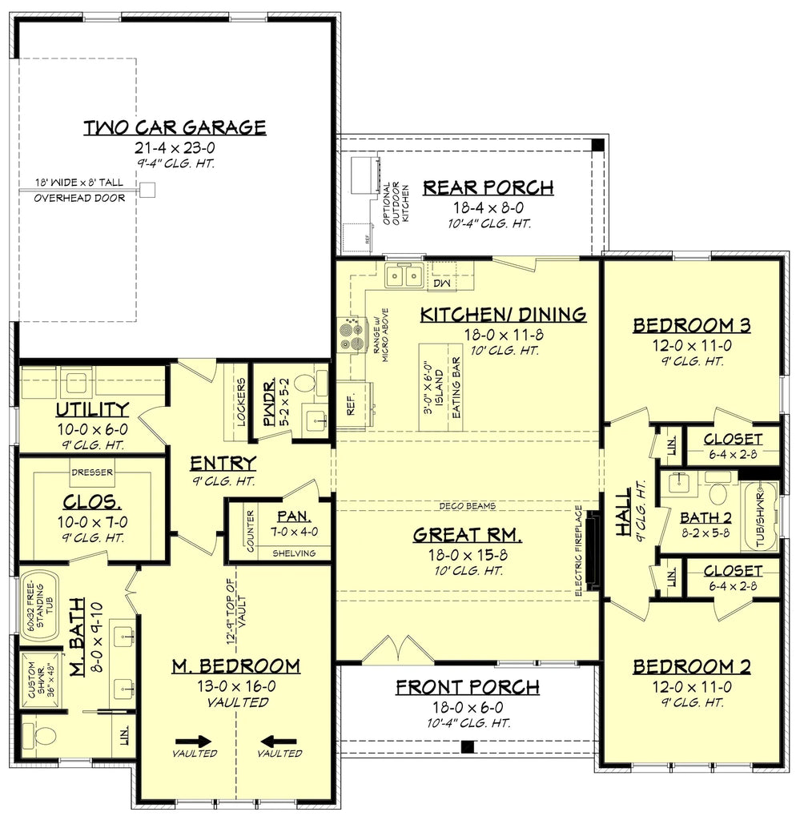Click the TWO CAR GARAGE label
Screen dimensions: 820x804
[x=175, y=127]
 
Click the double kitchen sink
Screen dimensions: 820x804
[x=404, y=277]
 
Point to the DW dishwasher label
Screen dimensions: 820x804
[x=441, y=283]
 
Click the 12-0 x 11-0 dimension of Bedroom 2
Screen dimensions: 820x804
[x=691, y=686]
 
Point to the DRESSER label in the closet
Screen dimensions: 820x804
[x=92, y=472]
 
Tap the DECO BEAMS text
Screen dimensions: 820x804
[x=468, y=506]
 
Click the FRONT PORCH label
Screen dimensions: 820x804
[x=467, y=687]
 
